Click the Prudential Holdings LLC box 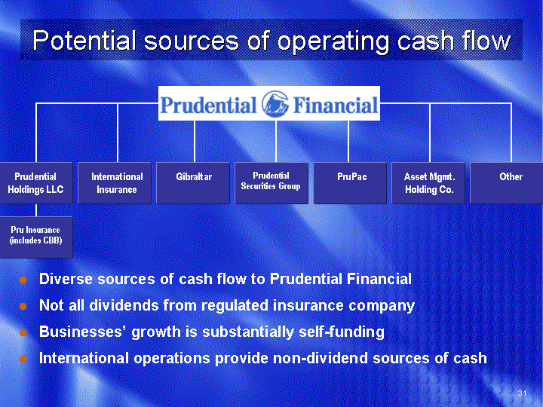[36, 182]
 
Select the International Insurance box [115, 182]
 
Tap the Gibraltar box [193, 182]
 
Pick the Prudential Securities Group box [271, 182]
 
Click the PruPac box [350, 182]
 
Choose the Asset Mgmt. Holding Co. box [428, 182]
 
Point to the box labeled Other [507, 182]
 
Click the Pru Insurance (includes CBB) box [36, 237]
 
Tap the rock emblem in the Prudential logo [275, 104]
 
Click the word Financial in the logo [335, 105]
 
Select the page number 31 [522, 393]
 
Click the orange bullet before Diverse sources [23, 280]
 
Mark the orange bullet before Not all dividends [23, 306]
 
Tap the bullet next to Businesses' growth [23, 332]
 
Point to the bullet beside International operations [23, 359]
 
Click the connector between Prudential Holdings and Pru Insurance [36, 210]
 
